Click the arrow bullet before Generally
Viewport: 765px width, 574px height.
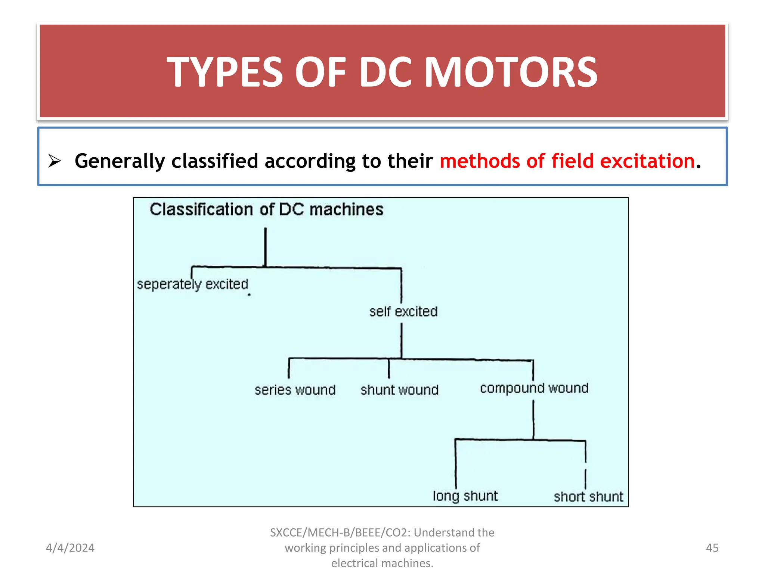[x=55, y=161]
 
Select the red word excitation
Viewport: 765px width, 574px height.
[x=647, y=161]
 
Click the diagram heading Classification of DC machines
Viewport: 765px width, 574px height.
[x=266, y=209]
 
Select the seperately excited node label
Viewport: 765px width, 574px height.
[x=192, y=284]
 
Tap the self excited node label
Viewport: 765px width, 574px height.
[x=403, y=311]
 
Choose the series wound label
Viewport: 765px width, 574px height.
[x=295, y=390]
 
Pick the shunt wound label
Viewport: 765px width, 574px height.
[x=399, y=390]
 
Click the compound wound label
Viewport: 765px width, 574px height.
[x=534, y=388]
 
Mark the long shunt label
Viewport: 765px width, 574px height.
[x=465, y=496]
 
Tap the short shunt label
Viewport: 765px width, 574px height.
[x=588, y=497]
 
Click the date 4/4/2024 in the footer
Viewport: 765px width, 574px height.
[x=70, y=548]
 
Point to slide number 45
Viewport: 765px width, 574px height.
[x=712, y=548]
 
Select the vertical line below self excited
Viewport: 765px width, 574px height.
[x=402, y=340]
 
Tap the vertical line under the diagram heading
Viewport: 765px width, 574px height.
[x=266, y=247]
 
